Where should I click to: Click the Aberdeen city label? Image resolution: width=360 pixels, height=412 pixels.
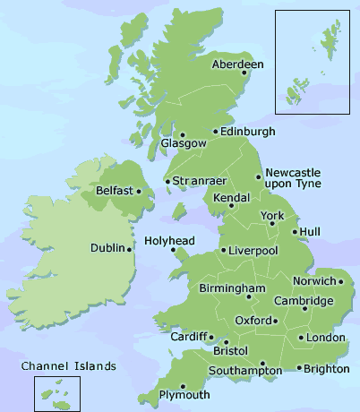point(237,64)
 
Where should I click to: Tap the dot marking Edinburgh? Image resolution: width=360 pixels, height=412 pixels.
point(215,133)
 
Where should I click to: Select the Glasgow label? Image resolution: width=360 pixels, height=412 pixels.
point(176,143)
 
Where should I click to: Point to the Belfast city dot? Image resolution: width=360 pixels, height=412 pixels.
point(139,191)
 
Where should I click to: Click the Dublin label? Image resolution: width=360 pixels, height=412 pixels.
point(108,248)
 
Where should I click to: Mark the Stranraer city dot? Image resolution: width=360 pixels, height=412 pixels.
point(167,183)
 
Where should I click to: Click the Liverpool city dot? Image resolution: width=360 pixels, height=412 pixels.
point(224,250)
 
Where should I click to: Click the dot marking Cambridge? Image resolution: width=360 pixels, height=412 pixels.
point(305,309)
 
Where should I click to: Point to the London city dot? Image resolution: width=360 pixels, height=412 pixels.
point(300,338)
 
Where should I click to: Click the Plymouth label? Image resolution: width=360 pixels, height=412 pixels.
point(184,395)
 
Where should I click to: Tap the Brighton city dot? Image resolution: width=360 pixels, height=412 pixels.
point(298,368)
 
